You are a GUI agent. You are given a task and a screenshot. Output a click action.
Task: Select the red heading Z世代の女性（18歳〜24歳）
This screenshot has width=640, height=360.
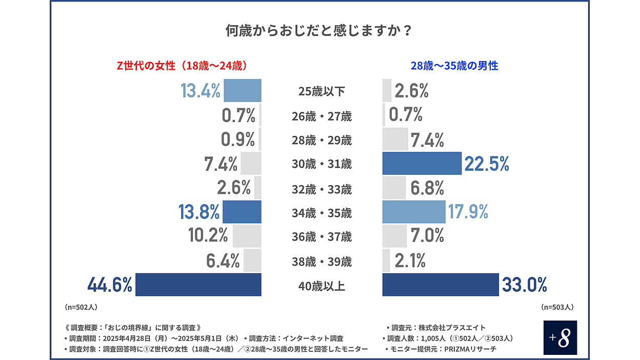click(x=183, y=66)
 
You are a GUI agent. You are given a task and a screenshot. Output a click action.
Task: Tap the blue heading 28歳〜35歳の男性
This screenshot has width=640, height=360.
click(x=454, y=66)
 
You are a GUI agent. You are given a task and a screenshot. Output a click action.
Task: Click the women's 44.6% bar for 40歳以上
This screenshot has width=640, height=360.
click(x=198, y=285)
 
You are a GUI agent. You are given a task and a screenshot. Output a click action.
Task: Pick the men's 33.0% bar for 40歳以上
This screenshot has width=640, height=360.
click(x=441, y=285)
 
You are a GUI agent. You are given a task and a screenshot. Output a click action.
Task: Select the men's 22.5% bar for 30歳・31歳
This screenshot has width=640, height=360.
click(x=422, y=164)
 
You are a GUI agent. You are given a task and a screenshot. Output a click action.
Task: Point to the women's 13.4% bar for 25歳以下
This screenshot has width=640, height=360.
click(x=243, y=91)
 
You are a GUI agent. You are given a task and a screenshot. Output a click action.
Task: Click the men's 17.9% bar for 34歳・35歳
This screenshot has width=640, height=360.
click(x=414, y=212)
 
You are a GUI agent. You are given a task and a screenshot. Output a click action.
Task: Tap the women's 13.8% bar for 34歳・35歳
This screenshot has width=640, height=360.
click(x=242, y=212)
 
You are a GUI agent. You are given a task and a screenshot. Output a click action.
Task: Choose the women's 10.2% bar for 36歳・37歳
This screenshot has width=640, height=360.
click(x=247, y=236)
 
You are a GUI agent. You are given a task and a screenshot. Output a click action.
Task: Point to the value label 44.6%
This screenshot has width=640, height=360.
click(x=110, y=285)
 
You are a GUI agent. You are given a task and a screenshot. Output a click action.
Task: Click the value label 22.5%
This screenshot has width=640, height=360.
click(x=487, y=164)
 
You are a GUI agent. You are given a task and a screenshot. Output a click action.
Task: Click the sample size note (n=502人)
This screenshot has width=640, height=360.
click(x=81, y=307)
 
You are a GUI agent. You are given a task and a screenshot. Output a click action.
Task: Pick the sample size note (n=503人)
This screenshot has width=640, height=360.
click(x=557, y=307)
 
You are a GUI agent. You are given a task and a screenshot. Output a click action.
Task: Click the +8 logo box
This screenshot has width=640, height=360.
click(x=560, y=337)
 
